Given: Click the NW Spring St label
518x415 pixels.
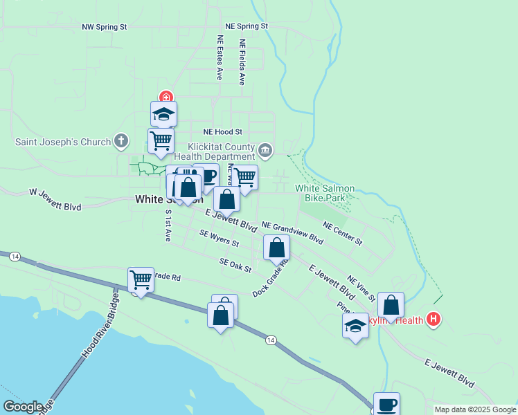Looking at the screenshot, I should pos(105,27).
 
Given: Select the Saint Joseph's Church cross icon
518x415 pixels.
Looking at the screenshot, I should pos(121,142).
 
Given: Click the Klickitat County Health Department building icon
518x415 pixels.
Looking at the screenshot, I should pos(265,150).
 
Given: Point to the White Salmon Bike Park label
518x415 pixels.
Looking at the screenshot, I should pos(325,192).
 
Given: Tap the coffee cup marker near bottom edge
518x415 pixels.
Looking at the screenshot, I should pos(386,405).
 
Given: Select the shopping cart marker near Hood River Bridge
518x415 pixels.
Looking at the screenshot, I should pos(141,280).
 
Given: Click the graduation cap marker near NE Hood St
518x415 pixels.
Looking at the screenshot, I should pos(164,114).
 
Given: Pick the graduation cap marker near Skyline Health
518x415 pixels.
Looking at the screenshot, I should pos(355,326).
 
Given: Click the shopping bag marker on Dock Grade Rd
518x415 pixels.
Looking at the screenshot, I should pos(276,248).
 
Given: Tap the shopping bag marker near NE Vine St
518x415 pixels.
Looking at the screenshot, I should pos(391,305).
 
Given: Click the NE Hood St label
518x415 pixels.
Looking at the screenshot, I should pos(222,131).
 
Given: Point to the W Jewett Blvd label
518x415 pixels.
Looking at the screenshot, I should pos(55,199).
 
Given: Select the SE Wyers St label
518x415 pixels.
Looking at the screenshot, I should pos(219,239).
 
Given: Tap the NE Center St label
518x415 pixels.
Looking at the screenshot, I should pos(343,233).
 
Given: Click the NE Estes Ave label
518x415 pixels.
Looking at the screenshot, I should pos(220,57).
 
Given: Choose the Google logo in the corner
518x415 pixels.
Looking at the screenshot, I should pos(23,407).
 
